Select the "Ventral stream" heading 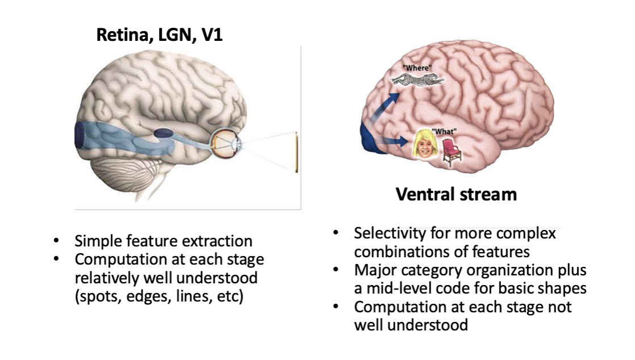pyautogui.click(x=456, y=195)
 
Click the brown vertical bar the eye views pyautogui.click(x=296, y=151)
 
